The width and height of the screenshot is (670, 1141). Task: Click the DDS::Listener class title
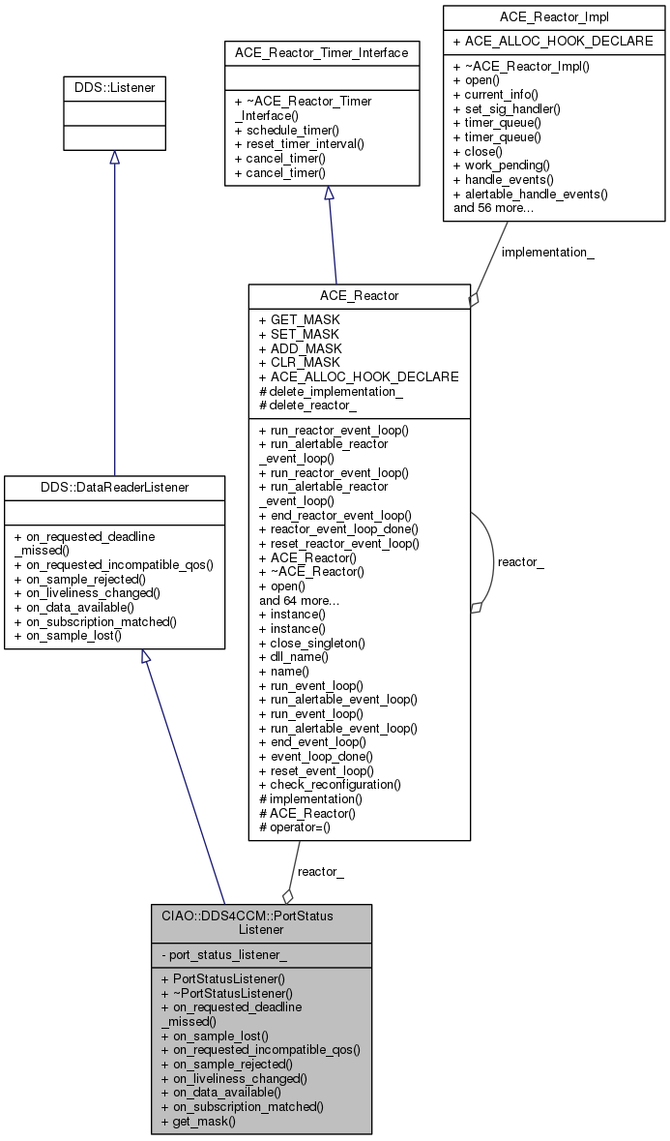pos(114,88)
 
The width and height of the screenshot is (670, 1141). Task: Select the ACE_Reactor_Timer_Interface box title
pos(321,52)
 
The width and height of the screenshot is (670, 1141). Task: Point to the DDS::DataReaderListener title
pos(114,489)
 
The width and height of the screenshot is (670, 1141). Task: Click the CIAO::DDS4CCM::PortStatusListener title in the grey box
pos(261,922)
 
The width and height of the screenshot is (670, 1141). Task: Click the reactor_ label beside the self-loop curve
pos(519,561)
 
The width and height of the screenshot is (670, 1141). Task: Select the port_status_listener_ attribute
pos(225,955)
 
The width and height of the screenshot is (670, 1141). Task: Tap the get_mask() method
pos(199,1121)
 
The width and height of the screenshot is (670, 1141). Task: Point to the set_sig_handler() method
pos(506,108)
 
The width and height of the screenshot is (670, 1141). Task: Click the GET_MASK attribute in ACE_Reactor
pos(300,319)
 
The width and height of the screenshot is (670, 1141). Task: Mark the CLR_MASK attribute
pos(300,362)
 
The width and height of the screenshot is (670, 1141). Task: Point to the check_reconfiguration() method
pos(329,784)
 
